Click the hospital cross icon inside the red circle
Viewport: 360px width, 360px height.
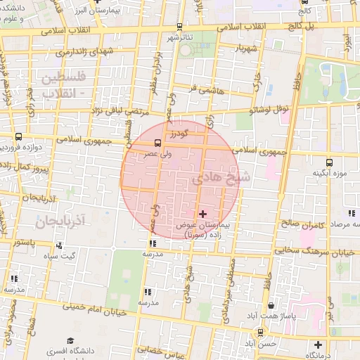pos(203,213)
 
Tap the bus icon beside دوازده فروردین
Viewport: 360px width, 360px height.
pos(18,137)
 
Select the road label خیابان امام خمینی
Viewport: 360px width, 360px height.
pos(96,309)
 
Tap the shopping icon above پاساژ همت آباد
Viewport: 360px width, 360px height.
pos(272,305)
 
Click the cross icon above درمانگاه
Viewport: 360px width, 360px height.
pos(319,345)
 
